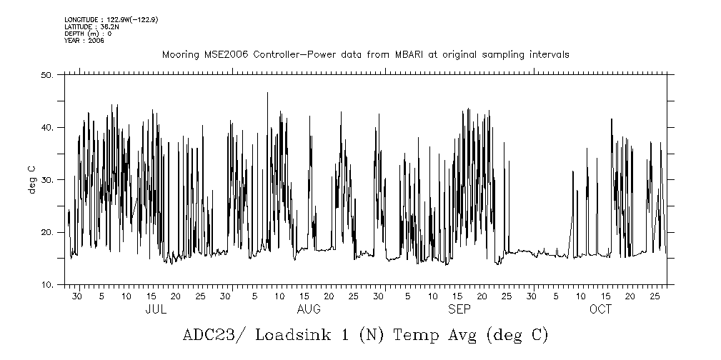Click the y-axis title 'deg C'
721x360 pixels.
click(32, 179)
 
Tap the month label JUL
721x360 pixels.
click(156, 309)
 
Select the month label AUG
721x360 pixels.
click(309, 309)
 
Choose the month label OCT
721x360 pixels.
click(601, 309)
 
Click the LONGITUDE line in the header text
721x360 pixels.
click(111, 19)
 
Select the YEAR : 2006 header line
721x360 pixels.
click(84, 41)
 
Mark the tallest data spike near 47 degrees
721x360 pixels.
click(267, 94)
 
